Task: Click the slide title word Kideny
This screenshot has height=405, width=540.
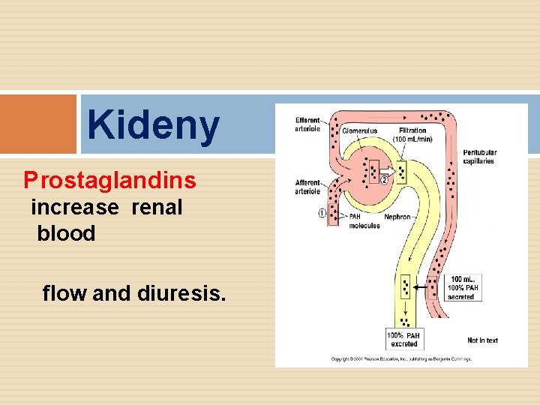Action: [153, 125]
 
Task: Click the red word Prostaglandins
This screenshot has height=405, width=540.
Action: [110, 180]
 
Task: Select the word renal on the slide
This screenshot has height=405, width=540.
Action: [157, 207]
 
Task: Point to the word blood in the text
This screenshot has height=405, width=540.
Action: [66, 233]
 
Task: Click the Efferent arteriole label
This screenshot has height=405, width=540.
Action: [307, 124]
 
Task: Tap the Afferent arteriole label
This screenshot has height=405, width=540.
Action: [307, 187]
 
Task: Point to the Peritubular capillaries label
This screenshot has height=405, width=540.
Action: [479, 156]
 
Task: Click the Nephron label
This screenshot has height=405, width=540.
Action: [397, 217]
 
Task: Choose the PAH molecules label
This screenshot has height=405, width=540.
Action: [364, 220]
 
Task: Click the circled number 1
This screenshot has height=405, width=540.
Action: [322, 213]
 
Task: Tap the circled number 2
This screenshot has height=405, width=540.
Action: [385, 179]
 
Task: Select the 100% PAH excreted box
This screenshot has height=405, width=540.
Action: [403, 339]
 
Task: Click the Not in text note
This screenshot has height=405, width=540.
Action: [482, 340]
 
